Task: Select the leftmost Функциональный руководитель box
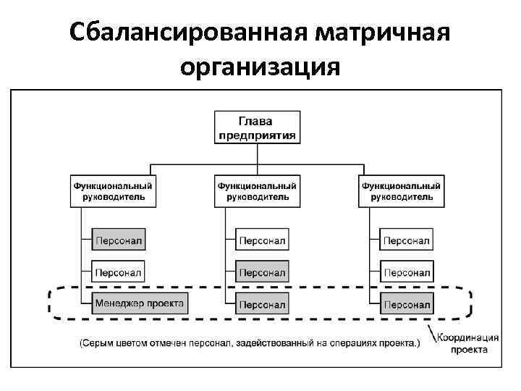114,191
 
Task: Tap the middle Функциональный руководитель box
257,191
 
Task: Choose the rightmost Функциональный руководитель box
400,191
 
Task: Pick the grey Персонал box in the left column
119,240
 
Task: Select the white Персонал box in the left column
119,272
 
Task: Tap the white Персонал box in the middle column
262,240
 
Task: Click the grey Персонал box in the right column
406,303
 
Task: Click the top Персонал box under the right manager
406,240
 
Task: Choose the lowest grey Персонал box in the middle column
262,303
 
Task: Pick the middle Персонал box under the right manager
406,272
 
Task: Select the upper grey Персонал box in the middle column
262,272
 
